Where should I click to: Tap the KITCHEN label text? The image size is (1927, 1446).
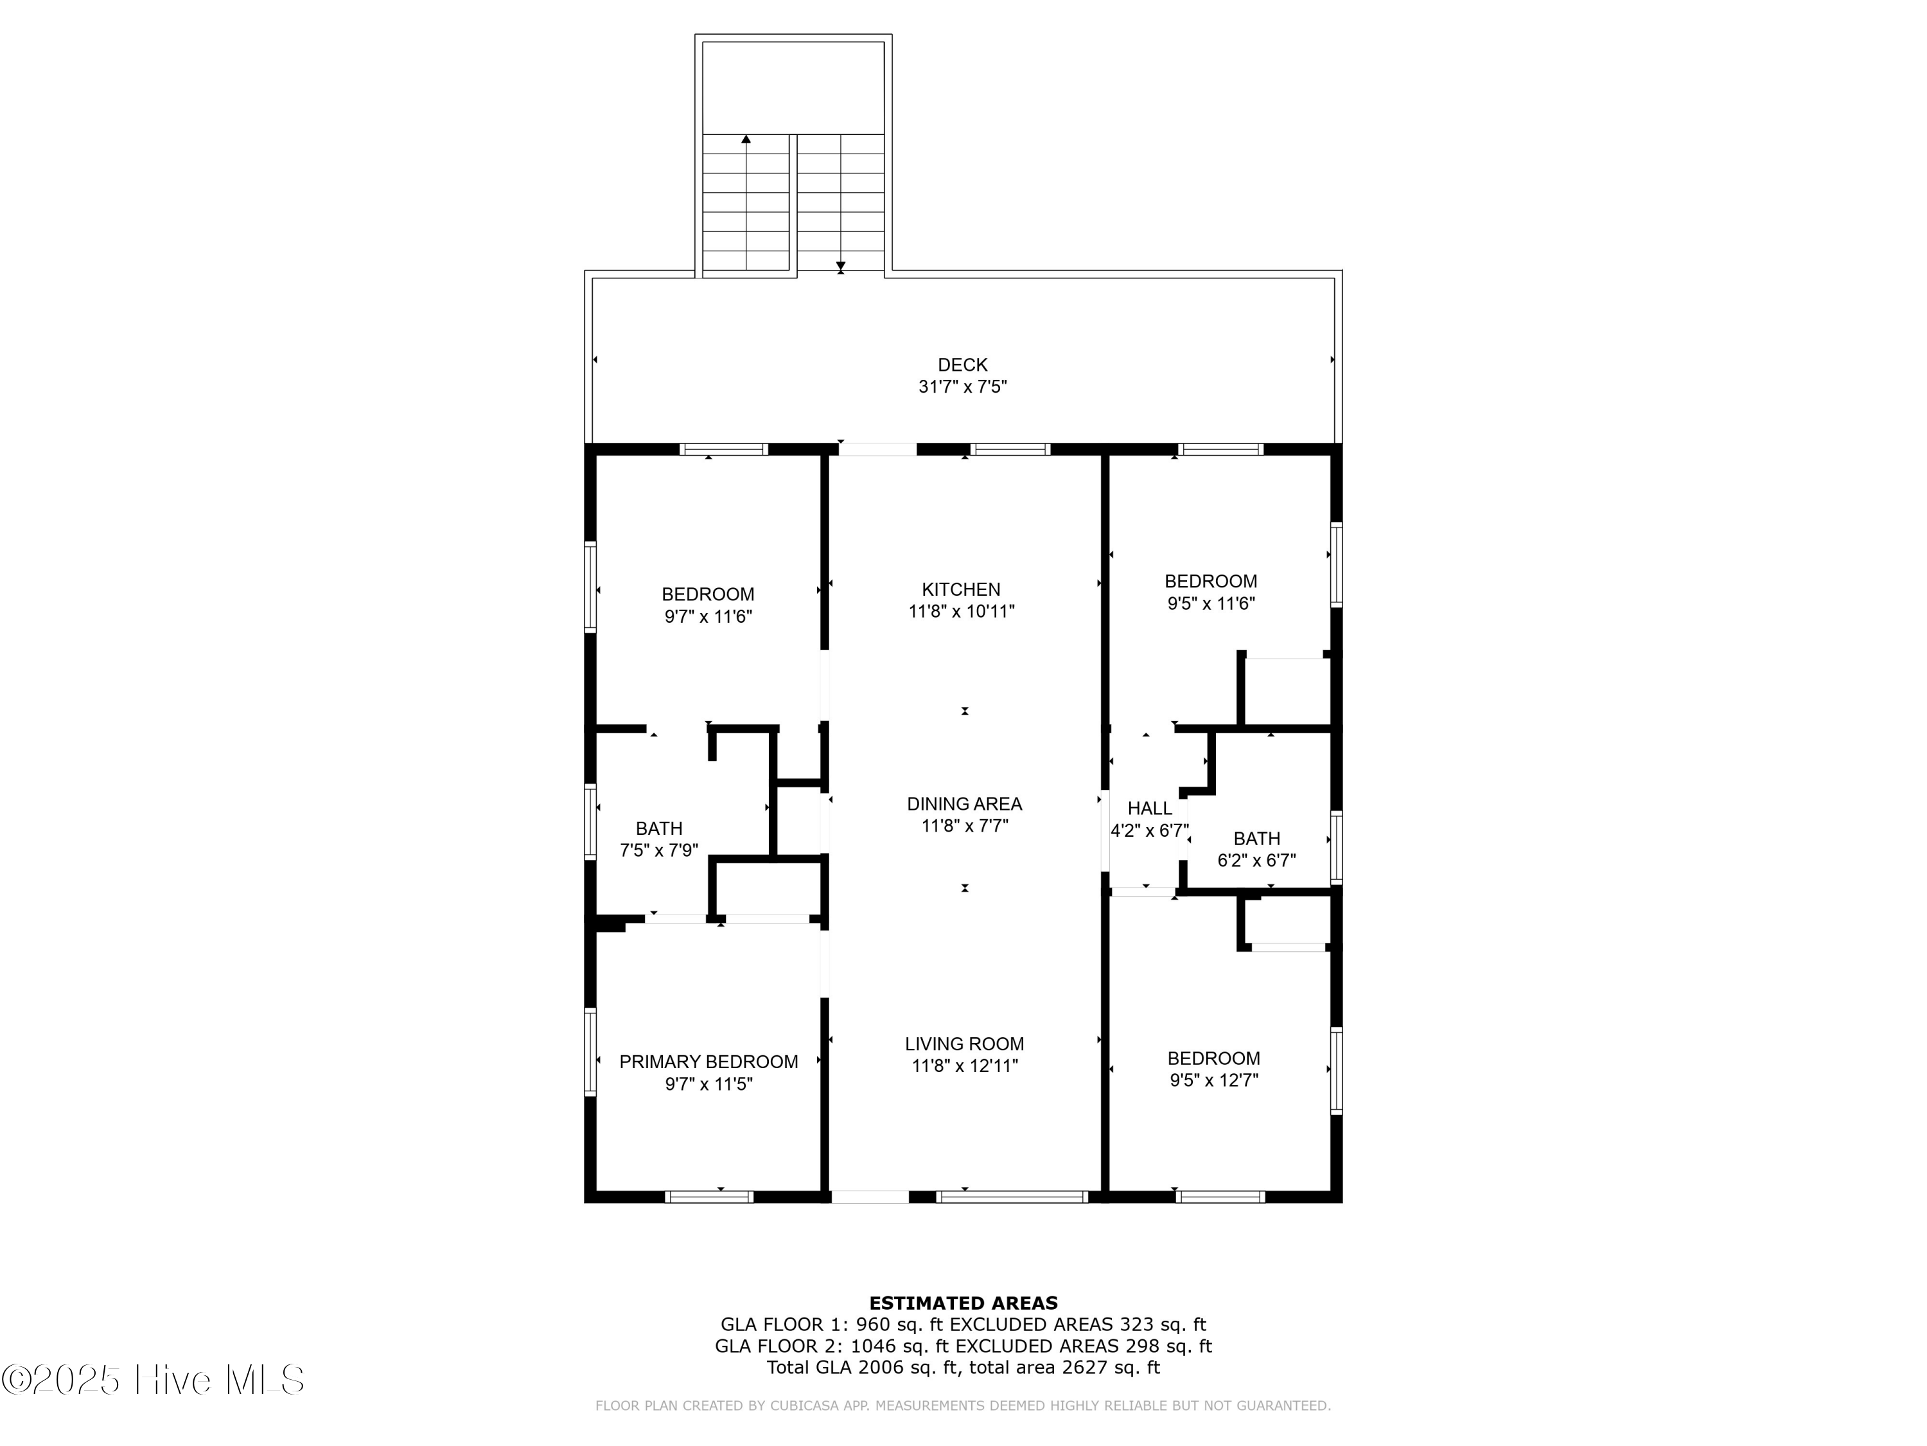pos(961,589)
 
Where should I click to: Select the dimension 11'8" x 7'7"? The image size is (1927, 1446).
pos(964,825)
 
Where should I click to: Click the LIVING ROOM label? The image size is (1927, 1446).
pos(963,1043)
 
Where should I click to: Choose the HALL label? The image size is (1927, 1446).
pos(1149,808)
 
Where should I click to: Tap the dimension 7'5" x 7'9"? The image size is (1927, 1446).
pos(658,850)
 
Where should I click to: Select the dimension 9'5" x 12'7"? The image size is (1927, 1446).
pos(1213,1080)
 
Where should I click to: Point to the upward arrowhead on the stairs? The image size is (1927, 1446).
pos(746,139)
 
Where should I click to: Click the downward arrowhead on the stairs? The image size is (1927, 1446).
pos(841,266)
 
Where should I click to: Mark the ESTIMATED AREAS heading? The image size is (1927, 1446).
pos(963,1303)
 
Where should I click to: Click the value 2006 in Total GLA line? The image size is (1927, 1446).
pos(882,1367)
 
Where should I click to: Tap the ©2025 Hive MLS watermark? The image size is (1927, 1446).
pos(152,1380)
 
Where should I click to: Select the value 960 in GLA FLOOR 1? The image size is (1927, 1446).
pos(872,1325)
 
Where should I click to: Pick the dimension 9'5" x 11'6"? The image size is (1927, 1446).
pos(1210,603)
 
